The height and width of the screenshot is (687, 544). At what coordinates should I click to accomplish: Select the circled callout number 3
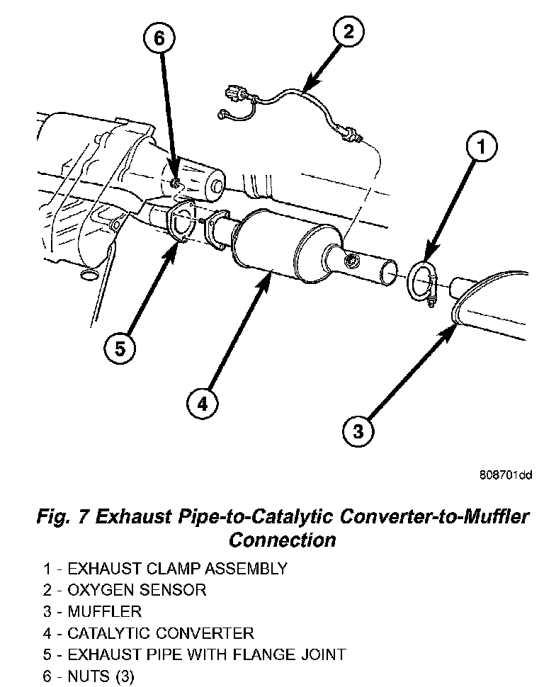coord(358,429)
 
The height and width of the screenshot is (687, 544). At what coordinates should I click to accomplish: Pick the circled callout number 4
coord(202,403)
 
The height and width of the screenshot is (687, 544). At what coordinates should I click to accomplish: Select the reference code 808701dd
coord(505,475)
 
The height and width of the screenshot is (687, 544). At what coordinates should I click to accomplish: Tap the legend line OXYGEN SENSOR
coord(136,589)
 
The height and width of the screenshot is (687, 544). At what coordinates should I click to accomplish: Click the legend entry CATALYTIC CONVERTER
coord(160,632)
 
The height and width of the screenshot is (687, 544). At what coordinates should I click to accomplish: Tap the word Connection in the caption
coord(281,540)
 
